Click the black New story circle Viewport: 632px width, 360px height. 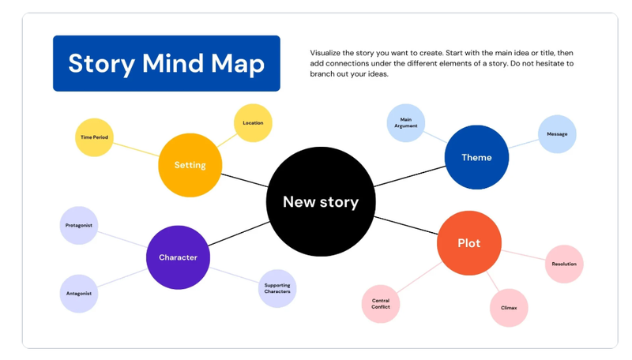tap(321, 201)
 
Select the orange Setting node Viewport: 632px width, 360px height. tap(190, 165)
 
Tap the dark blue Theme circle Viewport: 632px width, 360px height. tap(476, 157)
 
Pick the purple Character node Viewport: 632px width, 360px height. tap(178, 257)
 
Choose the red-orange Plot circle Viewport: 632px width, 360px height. tap(469, 243)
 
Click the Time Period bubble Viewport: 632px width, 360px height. tap(94, 137)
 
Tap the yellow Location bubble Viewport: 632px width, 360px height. tap(253, 123)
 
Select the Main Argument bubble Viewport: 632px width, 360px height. tap(406, 123)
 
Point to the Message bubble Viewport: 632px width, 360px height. tap(557, 134)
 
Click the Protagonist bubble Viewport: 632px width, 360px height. tap(79, 226)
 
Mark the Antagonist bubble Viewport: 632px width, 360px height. tap(79, 294)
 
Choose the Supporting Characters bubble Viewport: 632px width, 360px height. tap(277, 288)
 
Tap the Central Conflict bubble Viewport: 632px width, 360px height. tap(381, 304)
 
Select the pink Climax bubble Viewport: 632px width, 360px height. tap(509, 308)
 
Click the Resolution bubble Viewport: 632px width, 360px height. tap(564, 264)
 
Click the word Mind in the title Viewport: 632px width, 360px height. tap(173, 63)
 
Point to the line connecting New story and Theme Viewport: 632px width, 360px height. tap(409, 176)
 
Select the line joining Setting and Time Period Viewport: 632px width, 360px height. tap(136, 149)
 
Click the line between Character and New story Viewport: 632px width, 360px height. tap(239, 234)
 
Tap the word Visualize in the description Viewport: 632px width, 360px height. tap(325, 53)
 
